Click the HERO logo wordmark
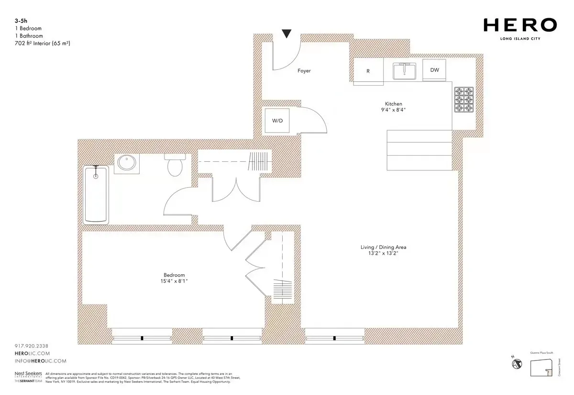(x=519, y=25)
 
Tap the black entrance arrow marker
(x=286, y=34)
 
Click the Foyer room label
(x=304, y=71)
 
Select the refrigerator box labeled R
(x=368, y=70)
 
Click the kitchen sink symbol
(x=404, y=71)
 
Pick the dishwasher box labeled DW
(x=434, y=70)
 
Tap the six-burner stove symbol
(x=463, y=100)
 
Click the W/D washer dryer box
(x=277, y=120)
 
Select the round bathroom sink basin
(x=127, y=163)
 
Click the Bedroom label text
(x=174, y=275)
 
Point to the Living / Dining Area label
(x=383, y=247)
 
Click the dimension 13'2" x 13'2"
(x=383, y=253)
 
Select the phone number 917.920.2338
(x=32, y=346)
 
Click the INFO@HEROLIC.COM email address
(x=41, y=361)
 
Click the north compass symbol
(x=517, y=364)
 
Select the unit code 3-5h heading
(x=21, y=21)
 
